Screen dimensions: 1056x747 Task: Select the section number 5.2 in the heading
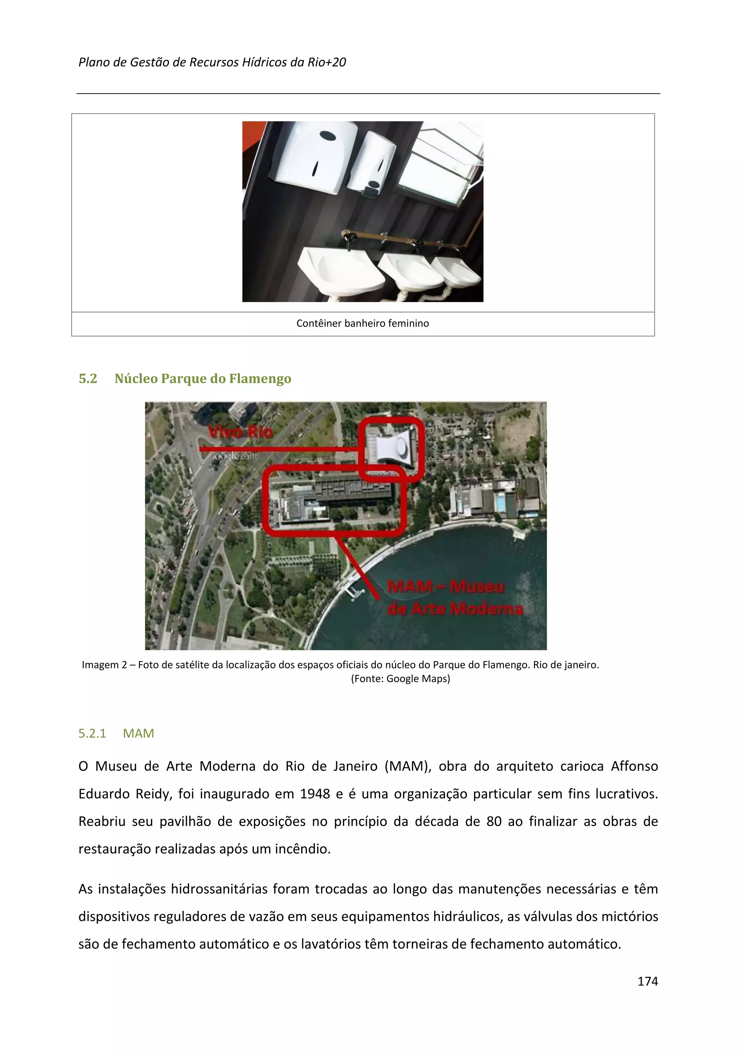tap(88, 379)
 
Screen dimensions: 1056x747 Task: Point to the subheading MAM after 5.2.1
tap(138, 733)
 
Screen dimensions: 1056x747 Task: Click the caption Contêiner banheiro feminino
tap(362, 323)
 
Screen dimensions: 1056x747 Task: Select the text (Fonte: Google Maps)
tap(400, 678)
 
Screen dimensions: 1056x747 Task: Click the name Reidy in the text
tap(152, 794)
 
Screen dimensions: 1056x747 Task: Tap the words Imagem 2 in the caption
tap(104, 665)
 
